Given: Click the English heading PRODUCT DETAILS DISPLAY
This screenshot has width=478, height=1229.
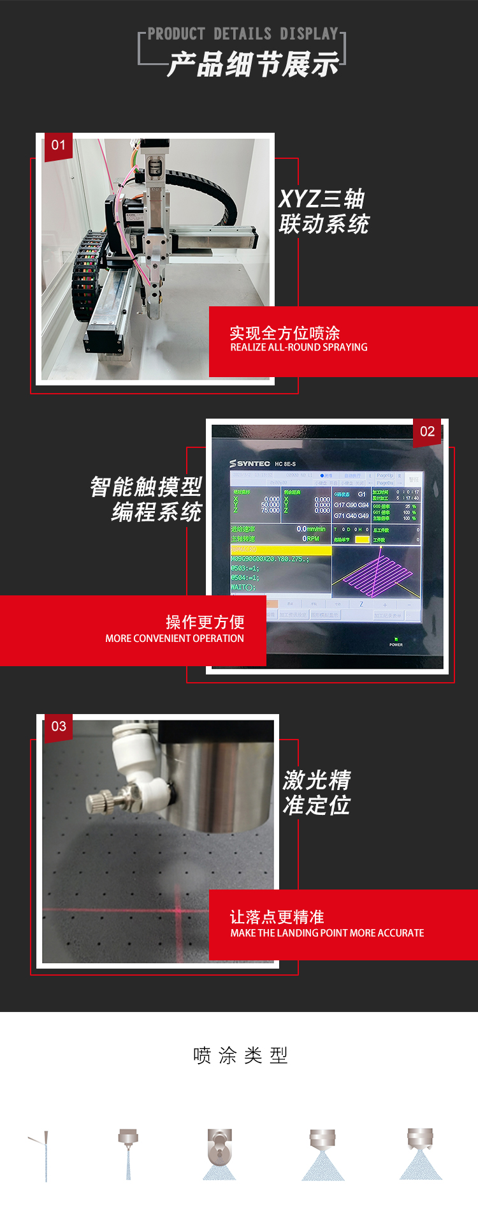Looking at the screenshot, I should pos(243,34).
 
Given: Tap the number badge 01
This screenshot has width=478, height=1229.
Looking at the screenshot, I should pos(58,145).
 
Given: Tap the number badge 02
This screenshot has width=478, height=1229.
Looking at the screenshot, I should pos(427,432).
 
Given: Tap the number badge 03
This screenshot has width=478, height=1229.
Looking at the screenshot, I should pos(59,727).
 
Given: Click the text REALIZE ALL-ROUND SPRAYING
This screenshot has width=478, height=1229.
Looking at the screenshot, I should pos(298,348).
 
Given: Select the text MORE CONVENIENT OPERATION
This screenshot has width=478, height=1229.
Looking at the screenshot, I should pos(174,639).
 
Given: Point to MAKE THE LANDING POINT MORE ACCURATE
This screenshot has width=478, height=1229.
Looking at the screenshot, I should pos(327,934).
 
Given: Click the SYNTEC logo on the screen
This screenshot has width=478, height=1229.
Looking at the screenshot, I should pos(250,463).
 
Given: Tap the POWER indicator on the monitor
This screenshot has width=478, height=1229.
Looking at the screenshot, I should pos(396,642).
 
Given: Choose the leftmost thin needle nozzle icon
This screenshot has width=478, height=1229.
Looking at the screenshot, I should pos(45,1156).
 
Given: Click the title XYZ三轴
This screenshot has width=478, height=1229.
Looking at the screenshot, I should pos(322,199).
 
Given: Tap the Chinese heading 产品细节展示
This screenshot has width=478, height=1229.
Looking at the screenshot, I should pos(253,65).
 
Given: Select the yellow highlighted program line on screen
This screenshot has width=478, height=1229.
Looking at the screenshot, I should pos(280,549).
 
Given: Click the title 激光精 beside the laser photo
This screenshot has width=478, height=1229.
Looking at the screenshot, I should pos(317,780).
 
